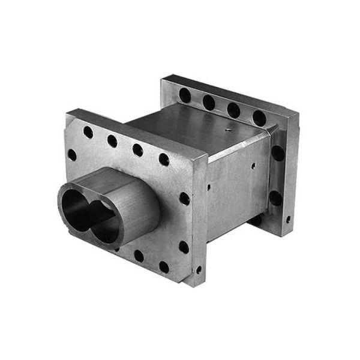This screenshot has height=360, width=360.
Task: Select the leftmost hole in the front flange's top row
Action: click(x=88, y=132)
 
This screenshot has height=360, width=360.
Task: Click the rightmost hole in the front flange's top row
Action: click(x=163, y=159)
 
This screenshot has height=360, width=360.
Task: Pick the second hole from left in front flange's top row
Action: click(x=112, y=141)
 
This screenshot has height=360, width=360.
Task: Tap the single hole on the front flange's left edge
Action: click(x=72, y=155)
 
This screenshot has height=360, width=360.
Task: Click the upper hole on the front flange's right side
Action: click(x=184, y=198)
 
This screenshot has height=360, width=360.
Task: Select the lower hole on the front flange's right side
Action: click(x=183, y=247)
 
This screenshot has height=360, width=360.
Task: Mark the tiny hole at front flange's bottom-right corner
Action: click(x=199, y=269)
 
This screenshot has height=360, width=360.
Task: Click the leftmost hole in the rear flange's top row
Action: click(x=185, y=95)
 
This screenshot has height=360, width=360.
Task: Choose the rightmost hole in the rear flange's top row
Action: click(x=259, y=118)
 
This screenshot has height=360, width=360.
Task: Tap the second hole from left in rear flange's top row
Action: click(x=209, y=103)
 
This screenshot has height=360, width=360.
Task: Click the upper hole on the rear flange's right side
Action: click(x=277, y=153)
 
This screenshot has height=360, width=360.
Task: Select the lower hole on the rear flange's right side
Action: click(x=275, y=198)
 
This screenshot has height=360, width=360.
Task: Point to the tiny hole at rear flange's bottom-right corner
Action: click(x=289, y=220)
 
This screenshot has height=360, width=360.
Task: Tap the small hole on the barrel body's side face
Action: click(x=253, y=165)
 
